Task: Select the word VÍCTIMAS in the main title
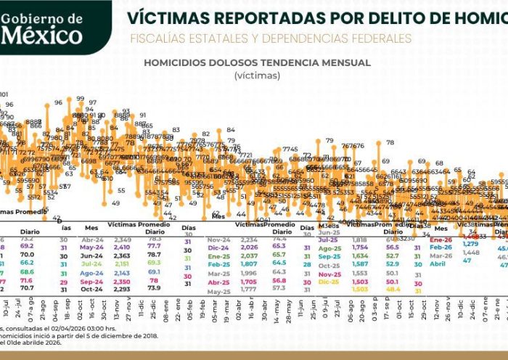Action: tap(163, 17)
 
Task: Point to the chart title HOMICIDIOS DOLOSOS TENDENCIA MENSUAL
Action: tap(258, 62)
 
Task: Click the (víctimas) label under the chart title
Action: tap(258, 75)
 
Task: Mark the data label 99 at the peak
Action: tap(80, 99)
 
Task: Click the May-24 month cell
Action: tap(92, 247)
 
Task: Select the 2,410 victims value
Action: tap(123, 247)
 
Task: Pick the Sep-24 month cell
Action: tap(92, 282)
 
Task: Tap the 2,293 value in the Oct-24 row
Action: tap(123, 290)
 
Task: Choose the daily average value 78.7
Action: tap(155, 255)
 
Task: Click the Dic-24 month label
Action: tap(218, 247)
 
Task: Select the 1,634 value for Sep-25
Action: tap(360, 255)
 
